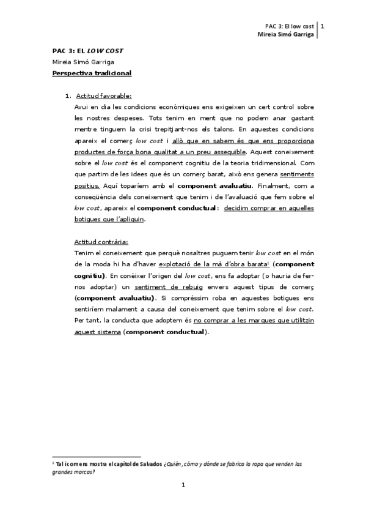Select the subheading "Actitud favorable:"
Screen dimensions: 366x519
point(103,96)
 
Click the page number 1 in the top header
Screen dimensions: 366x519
point(323,26)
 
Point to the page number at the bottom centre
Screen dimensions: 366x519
point(183,485)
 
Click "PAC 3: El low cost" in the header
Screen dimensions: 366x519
point(290,27)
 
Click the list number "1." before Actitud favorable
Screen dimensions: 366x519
point(68,96)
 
